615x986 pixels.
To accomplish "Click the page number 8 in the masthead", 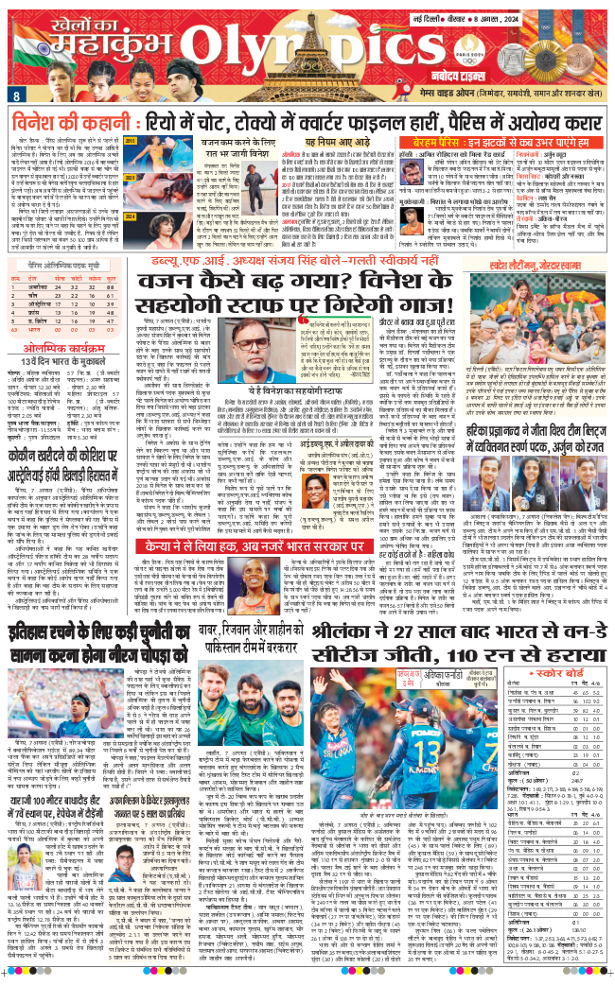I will [x=17, y=95].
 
